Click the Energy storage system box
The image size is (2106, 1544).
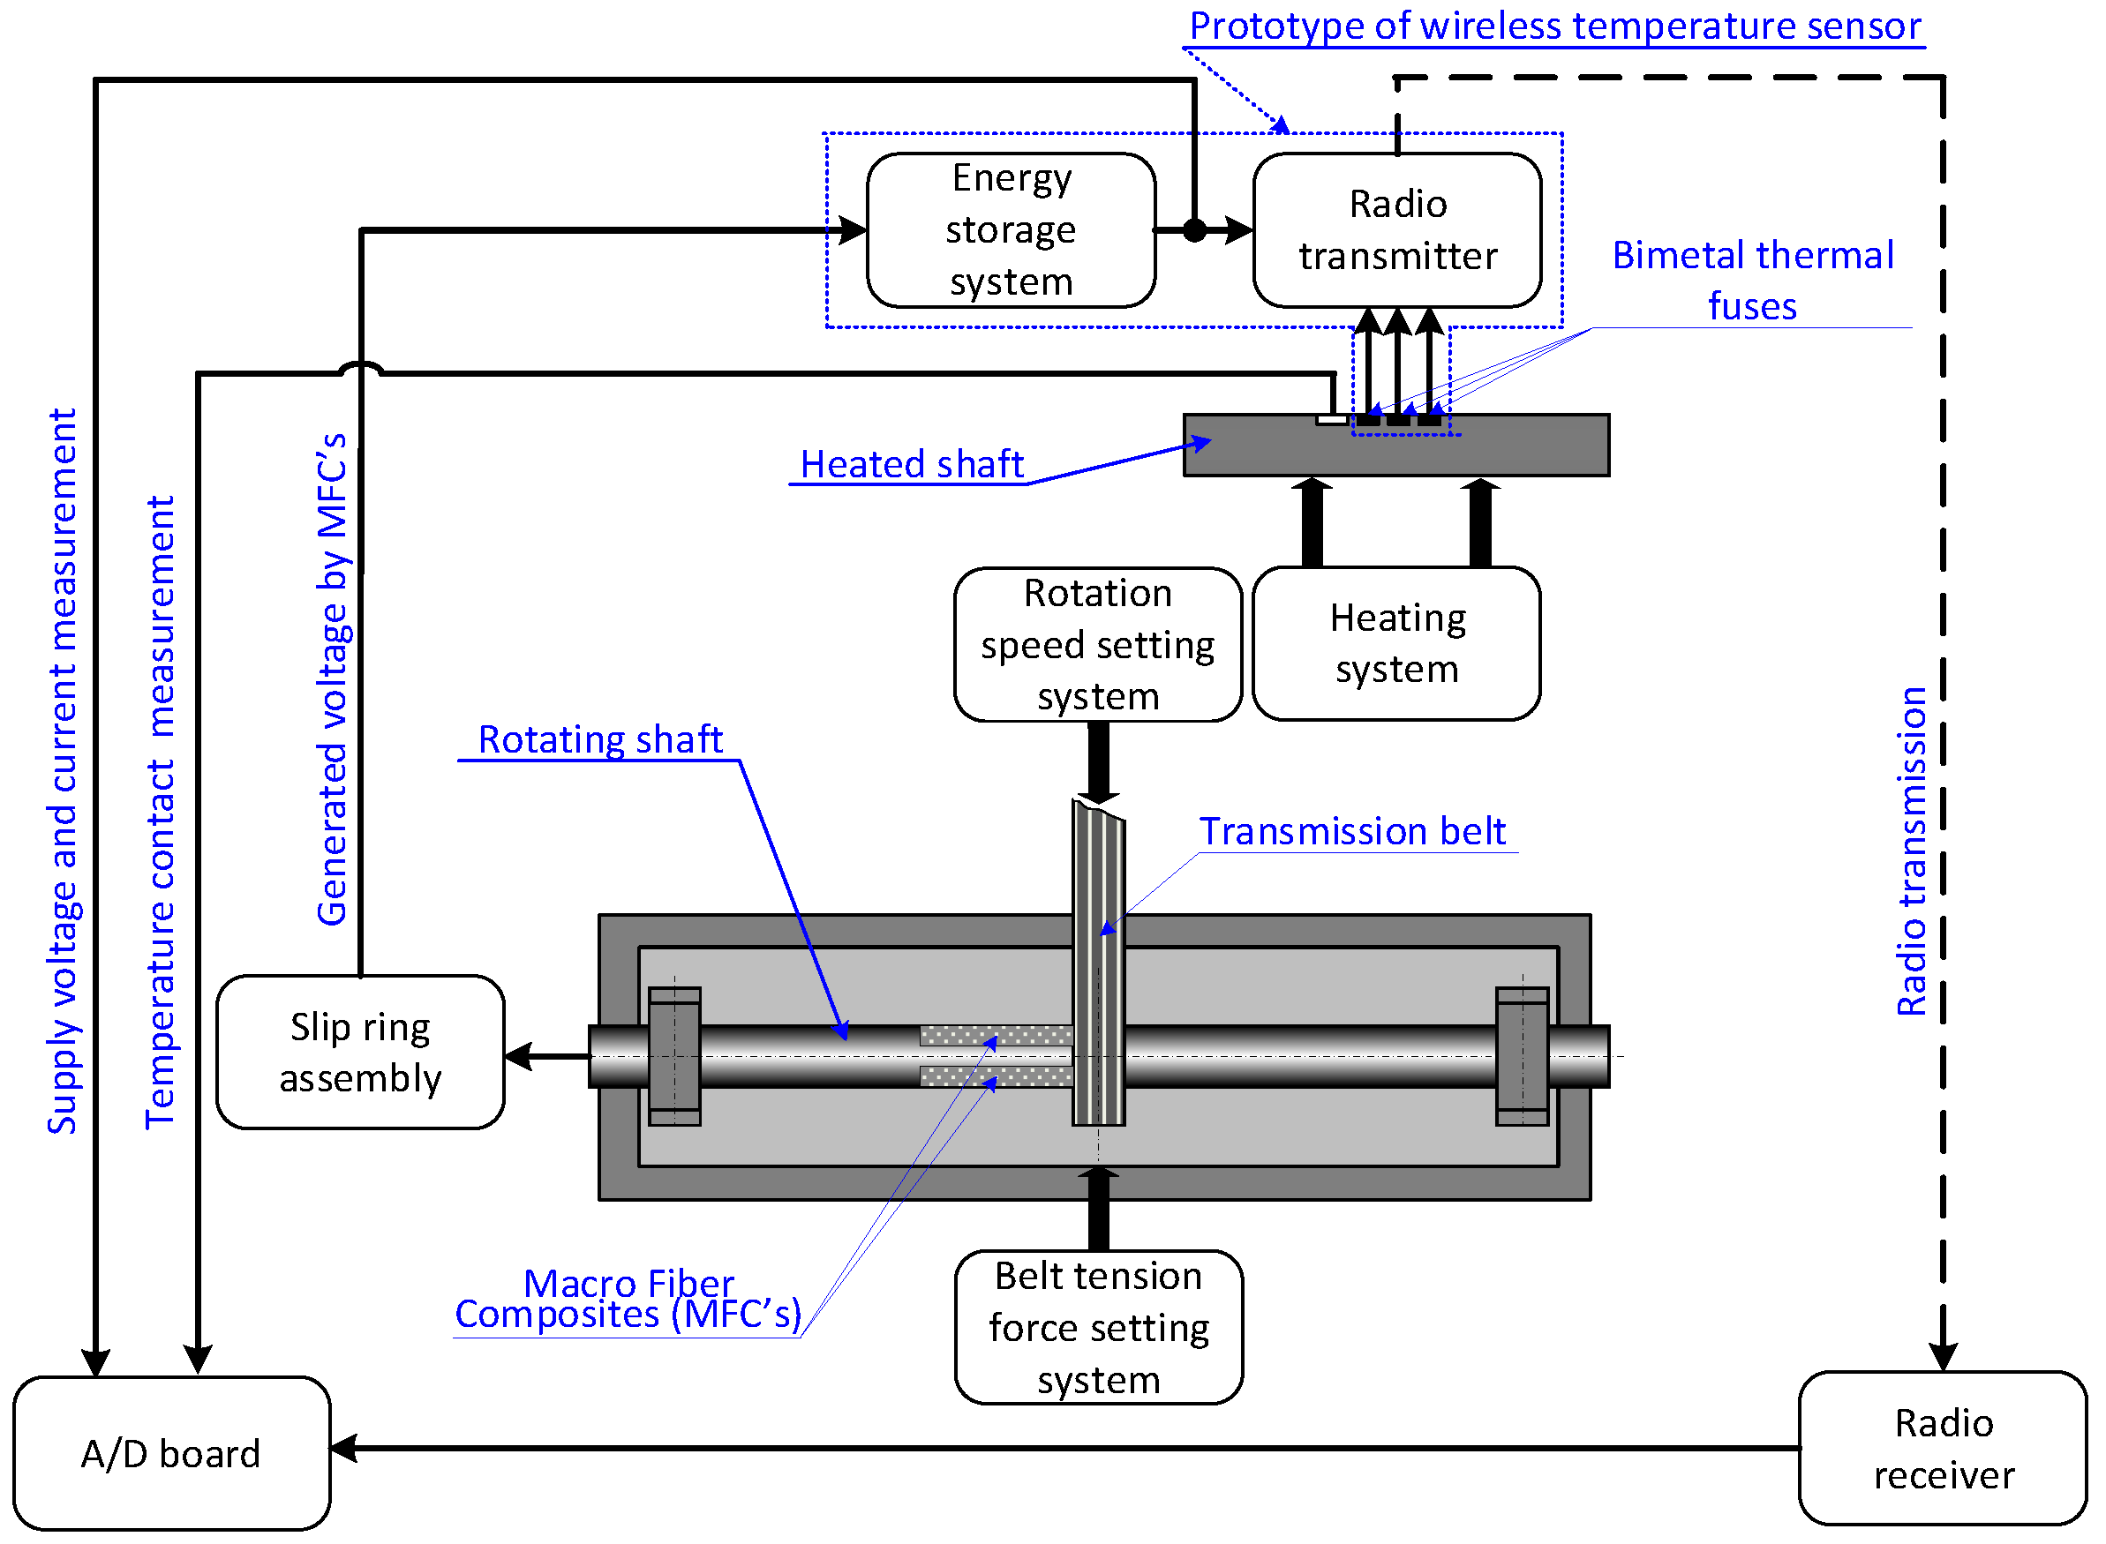1012,230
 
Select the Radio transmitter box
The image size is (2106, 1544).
1398,230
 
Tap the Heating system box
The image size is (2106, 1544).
1397,644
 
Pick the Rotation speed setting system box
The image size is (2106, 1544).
1098,645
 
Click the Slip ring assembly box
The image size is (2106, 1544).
361,1053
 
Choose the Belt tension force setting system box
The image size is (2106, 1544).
1099,1328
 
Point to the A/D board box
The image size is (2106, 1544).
172,1454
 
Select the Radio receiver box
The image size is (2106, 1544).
1944,1450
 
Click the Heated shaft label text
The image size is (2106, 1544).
913,464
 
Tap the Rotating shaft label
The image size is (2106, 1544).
601,739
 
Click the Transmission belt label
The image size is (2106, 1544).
1353,831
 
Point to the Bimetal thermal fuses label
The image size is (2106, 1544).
1754,281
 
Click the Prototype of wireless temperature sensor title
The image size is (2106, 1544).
1555,26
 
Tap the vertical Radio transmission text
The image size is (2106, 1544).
1913,852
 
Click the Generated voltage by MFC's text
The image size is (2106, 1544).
333,679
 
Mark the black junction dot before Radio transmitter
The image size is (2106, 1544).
1194,230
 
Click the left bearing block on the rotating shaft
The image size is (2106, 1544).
675,1057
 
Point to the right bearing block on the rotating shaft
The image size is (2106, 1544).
1523,1057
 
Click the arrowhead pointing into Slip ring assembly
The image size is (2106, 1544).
518,1057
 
